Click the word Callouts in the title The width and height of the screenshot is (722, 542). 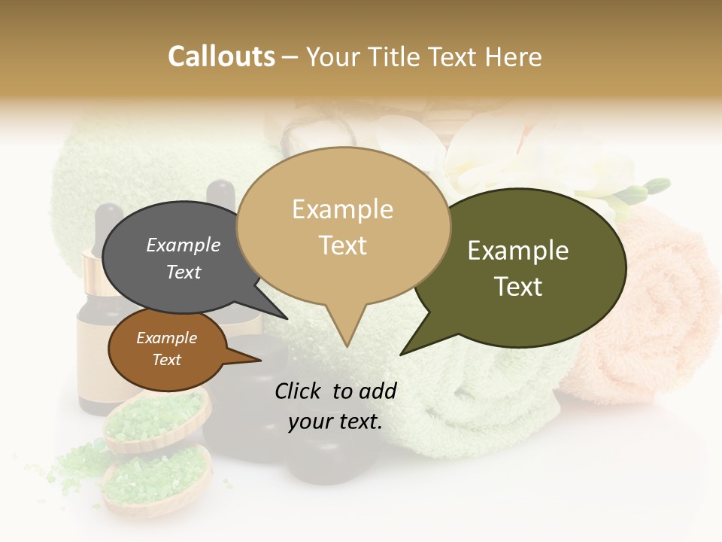coord(221,56)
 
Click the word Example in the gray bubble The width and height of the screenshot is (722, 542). coord(183,245)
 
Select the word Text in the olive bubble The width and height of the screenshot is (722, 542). coord(518,287)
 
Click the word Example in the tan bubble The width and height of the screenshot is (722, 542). coord(342,209)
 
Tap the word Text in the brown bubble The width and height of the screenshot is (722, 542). coord(166,360)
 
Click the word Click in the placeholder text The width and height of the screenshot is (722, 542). coord(299,391)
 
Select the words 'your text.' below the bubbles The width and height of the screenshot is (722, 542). coord(335,422)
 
